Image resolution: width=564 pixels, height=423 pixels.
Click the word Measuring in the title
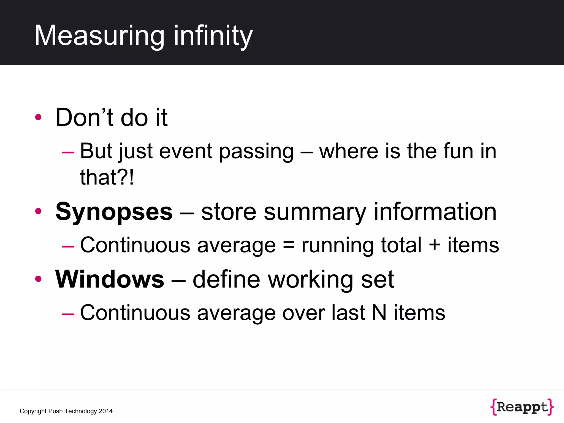click(x=99, y=36)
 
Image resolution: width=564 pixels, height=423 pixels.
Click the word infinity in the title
click(x=213, y=36)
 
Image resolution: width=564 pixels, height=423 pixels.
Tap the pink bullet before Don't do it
click(x=38, y=117)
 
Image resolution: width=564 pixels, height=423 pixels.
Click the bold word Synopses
click(x=114, y=212)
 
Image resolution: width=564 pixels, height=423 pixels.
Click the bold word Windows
click(x=110, y=279)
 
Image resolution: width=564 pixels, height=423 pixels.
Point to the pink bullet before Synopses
click(x=38, y=211)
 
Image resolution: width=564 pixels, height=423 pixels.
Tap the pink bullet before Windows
click(x=38, y=279)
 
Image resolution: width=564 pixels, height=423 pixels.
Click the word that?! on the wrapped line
click(x=107, y=177)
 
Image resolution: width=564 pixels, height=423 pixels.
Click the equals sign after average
click(x=288, y=245)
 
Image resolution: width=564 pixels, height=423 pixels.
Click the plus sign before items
click(x=434, y=245)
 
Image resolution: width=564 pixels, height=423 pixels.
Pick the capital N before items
click(x=379, y=313)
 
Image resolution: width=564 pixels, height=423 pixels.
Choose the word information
click(x=435, y=212)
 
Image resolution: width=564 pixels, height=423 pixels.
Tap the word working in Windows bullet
click(x=311, y=279)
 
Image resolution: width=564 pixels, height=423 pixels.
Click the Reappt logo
click(x=522, y=407)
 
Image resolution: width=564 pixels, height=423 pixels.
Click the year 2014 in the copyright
click(x=106, y=411)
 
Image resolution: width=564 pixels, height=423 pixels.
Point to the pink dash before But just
click(x=68, y=152)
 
